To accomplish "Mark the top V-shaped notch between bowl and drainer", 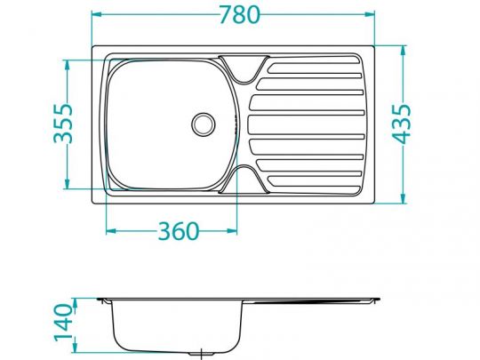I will [x=242, y=68].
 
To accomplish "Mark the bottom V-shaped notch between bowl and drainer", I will [x=242, y=178].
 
